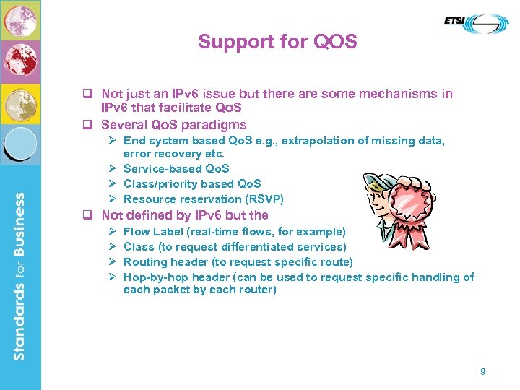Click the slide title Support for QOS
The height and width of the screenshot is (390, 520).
277,42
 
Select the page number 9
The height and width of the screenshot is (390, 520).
483,371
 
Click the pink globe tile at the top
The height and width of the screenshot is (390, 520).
19,19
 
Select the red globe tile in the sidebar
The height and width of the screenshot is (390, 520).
19,61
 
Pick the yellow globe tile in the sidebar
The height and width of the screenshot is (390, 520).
19,105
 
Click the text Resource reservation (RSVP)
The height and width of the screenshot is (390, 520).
204,199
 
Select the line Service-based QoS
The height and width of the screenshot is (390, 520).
176,169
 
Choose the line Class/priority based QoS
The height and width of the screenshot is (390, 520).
192,184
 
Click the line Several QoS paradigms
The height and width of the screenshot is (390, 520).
173,125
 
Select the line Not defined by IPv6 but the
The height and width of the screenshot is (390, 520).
184,215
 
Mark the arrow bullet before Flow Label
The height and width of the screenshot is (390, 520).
112,232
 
